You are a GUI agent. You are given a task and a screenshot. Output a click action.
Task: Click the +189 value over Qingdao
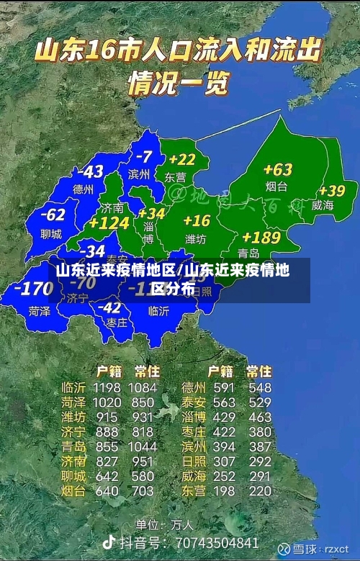261,237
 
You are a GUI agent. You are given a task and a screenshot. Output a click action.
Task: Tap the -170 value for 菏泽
33,289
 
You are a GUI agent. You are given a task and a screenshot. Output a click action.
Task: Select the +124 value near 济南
109,223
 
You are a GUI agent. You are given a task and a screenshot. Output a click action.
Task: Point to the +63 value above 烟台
277,170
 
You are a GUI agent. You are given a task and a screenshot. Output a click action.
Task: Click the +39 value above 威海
332,191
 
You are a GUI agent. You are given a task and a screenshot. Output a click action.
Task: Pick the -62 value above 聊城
53,215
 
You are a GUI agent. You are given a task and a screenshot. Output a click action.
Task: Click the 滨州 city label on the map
139,174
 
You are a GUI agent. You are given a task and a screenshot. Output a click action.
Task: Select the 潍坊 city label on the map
196,238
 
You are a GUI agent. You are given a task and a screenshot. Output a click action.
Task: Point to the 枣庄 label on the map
117,323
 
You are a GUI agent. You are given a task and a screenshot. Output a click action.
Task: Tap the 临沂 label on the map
158,311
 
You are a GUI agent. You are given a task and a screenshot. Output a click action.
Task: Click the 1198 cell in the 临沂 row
107,388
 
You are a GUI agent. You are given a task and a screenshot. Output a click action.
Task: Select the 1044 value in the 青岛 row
142,446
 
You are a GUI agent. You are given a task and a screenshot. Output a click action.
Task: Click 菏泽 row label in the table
73,403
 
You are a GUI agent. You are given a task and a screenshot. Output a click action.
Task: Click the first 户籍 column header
109,372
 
